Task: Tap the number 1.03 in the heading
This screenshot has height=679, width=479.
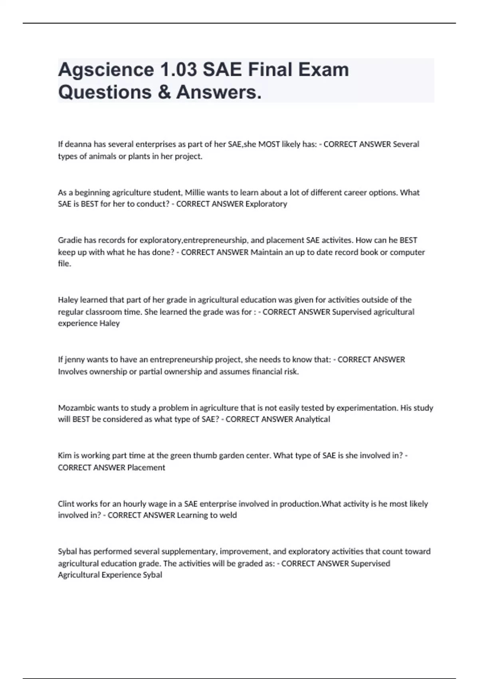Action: (178, 69)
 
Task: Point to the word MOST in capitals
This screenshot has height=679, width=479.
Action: (269, 144)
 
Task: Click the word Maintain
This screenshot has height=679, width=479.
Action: (266, 252)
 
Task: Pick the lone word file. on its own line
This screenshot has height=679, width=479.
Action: (64, 264)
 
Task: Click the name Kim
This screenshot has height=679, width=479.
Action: (64, 456)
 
